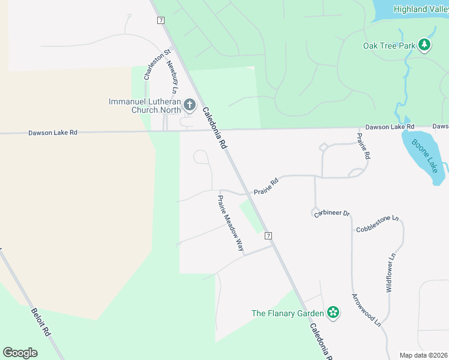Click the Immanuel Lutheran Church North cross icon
tap(190, 106)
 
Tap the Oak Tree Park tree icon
tap(424, 45)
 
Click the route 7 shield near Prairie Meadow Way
tap(268, 235)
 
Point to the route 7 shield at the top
tap(160, 20)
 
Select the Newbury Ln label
tap(173, 76)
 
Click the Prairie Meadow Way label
tap(231, 223)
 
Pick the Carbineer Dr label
tap(332, 214)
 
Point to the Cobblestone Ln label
tap(378, 223)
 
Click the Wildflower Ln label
tap(391, 272)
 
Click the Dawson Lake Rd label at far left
tap(53, 133)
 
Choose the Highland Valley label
tap(421, 8)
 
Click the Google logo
tap(20, 353)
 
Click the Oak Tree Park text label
tap(389, 46)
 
